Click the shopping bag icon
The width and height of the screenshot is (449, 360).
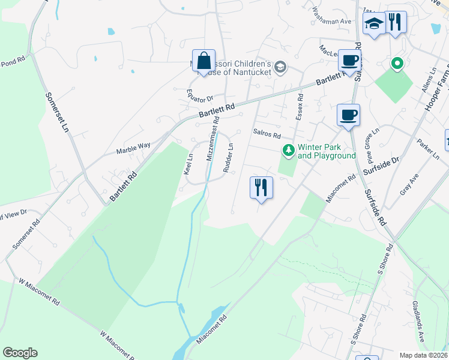point(203,61)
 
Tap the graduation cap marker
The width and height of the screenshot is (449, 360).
point(374,25)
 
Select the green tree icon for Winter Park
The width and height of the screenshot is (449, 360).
point(289,150)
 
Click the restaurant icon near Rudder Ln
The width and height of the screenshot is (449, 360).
point(261,187)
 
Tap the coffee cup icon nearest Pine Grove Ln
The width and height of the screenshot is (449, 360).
point(348,114)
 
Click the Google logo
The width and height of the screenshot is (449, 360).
point(20,353)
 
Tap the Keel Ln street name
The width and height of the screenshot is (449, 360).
point(188,164)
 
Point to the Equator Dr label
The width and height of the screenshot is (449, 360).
point(200,95)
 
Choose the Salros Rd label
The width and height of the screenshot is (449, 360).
point(267,135)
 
